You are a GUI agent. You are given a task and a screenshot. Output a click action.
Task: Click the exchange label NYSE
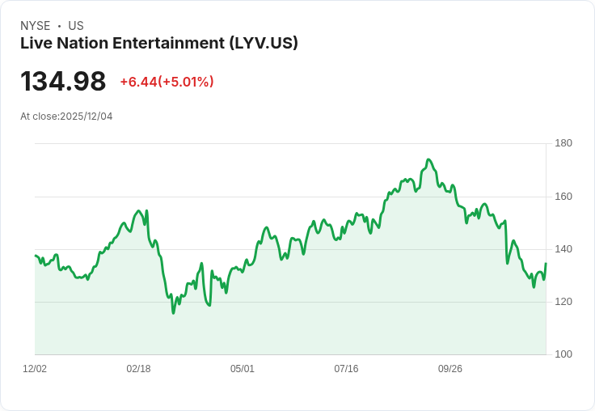[x=36, y=26]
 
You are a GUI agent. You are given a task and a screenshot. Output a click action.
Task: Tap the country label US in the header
[x=76, y=26]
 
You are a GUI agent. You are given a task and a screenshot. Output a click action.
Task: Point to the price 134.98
[x=63, y=82]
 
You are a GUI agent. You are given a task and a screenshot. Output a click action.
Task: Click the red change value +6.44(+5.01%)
[x=167, y=82]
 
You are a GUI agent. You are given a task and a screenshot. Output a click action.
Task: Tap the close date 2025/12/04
[x=86, y=117]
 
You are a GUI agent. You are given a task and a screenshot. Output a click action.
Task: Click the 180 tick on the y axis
[x=563, y=143]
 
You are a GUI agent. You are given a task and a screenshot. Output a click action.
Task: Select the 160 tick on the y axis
[x=563, y=197]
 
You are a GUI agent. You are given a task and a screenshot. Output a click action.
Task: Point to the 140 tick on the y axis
[x=563, y=249]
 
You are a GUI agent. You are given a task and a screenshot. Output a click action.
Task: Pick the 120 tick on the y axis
[x=563, y=302]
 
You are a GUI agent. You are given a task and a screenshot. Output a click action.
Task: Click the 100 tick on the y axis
[x=563, y=354]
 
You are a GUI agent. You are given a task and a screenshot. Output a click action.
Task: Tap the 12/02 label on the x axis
[x=35, y=369]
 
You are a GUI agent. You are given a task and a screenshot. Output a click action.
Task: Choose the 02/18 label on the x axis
[x=138, y=369]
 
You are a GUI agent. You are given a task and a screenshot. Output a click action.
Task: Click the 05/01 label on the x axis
[x=243, y=369]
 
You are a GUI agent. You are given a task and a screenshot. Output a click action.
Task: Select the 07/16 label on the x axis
[x=346, y=369]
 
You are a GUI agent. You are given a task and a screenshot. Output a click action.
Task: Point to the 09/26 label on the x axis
[x=450, y=369]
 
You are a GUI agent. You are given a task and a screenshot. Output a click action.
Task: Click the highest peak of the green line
[x=428, y=159]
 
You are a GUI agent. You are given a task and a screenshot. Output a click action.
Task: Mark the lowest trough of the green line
[x=173, y=313]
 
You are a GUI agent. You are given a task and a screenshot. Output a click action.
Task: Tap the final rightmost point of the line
[x=546, y=264]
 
